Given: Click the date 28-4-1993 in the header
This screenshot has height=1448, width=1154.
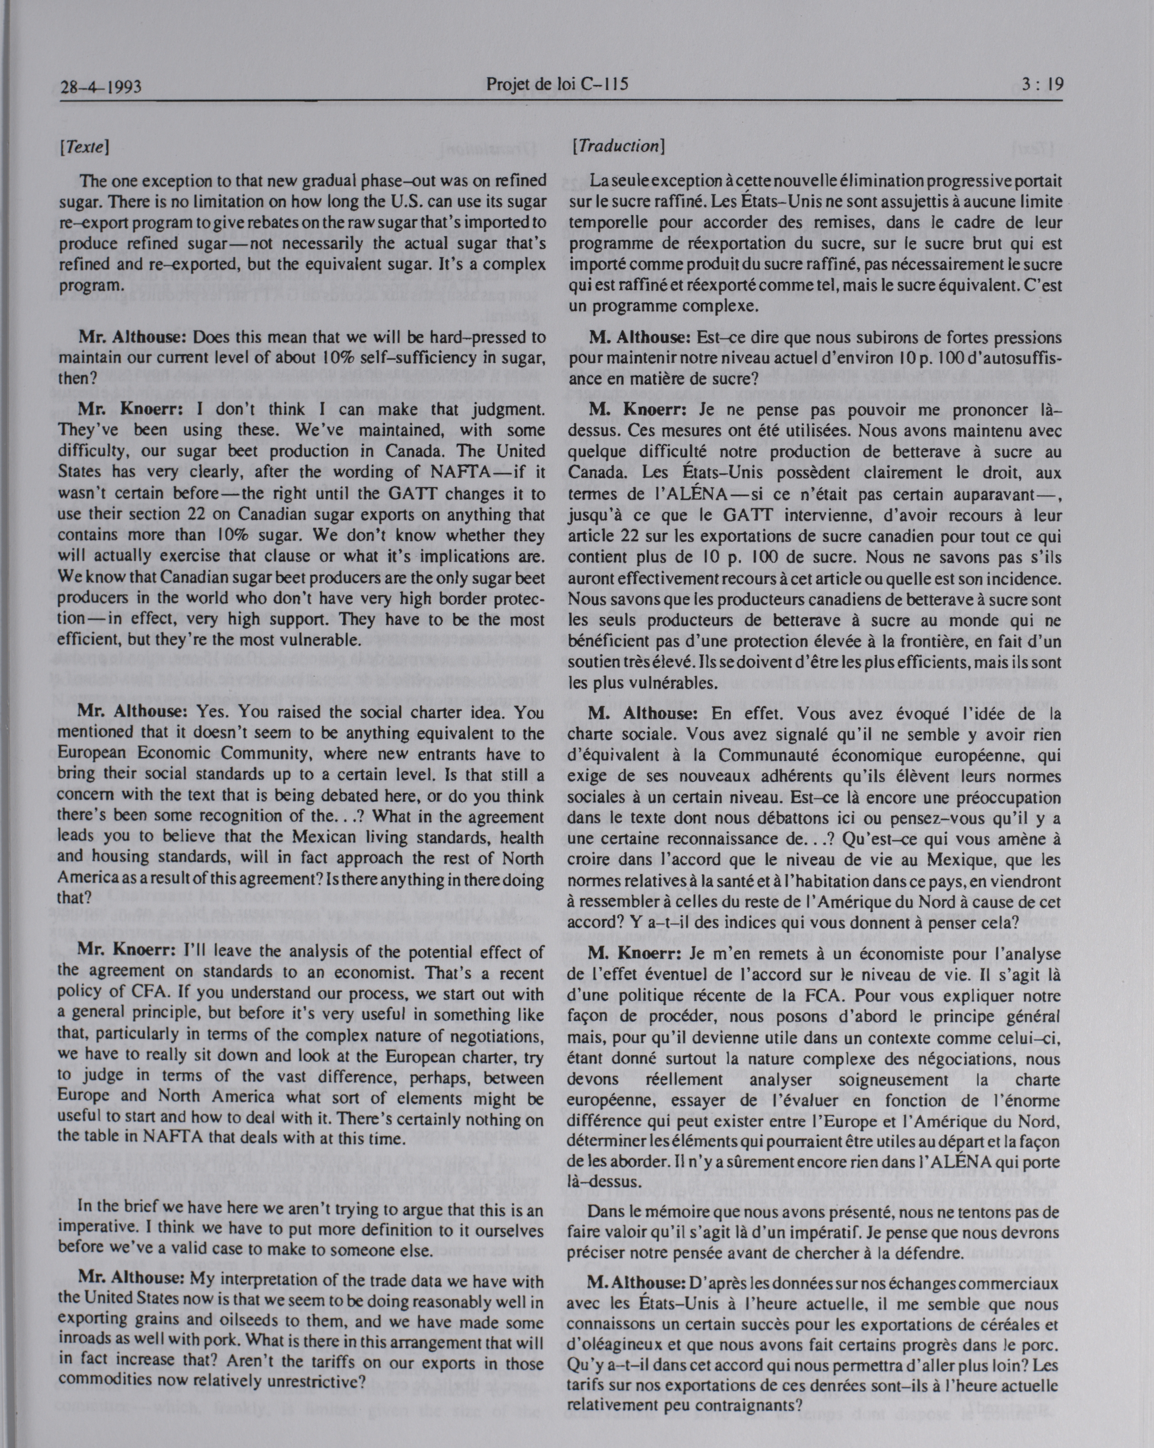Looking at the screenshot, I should tap(100, 87).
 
